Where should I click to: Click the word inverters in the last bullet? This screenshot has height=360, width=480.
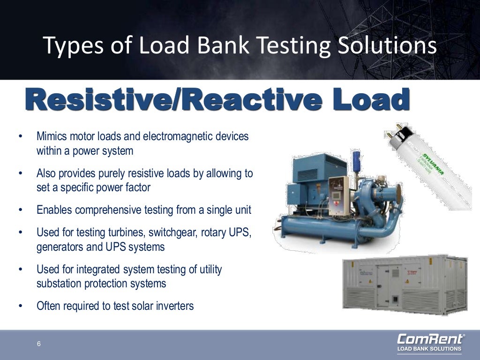(x=174, y=306)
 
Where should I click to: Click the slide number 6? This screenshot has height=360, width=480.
(x=39, y=345)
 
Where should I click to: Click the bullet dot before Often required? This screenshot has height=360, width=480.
(x=20, y=307)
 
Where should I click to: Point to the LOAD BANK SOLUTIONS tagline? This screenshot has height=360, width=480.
(x=429, y=349)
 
